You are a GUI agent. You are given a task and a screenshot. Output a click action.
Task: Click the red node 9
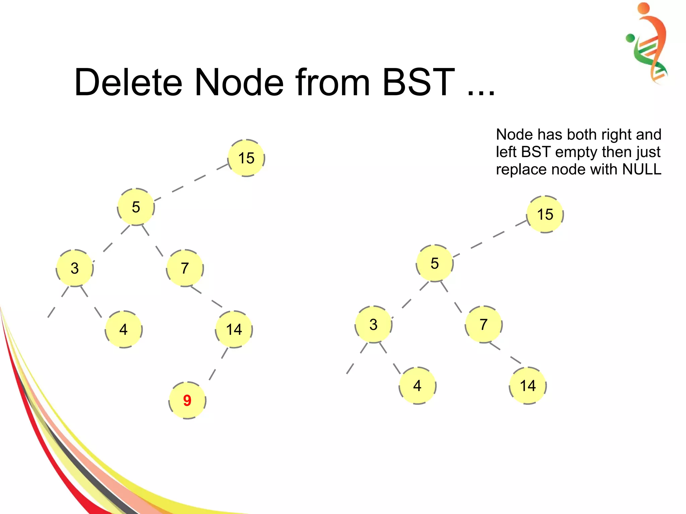click(x=187, y=400)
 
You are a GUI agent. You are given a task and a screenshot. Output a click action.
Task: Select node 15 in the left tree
click(x=246, y=158)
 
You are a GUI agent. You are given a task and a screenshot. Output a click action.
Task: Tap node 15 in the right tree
click(x=545, y=214)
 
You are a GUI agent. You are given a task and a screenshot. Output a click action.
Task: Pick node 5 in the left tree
click(x=136, y=207)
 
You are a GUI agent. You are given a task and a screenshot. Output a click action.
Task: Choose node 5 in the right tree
click(x=434, y=263)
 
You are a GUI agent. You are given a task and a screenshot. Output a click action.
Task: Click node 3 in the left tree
click(x=75, y=268)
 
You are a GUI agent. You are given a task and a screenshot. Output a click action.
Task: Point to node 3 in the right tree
click(x=373, y=324)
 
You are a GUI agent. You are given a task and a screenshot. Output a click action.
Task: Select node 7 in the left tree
click(x=185, y=268)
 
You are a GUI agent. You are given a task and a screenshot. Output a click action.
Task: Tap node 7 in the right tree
click(x=483, y=324)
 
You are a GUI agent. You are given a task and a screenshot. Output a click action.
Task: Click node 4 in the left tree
click(x=124, y=329)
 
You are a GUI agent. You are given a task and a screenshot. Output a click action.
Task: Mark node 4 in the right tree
click(x=417, y=385)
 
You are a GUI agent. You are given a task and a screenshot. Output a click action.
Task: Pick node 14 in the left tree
click(x=234, y=329)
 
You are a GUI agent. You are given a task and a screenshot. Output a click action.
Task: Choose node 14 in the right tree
click(x=528, y=385)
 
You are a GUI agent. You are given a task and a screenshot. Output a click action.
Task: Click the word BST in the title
click(x=418, y=82)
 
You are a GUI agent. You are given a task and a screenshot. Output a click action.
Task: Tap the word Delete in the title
click(x=128, y=82)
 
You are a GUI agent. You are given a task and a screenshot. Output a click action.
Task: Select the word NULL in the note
click(x=641, y=169)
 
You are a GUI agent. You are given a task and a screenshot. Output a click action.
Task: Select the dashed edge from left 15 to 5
click(x=191, y=183)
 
